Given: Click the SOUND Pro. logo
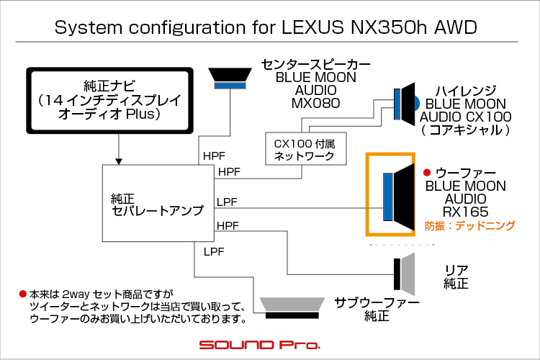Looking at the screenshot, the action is click(x=260, y=344).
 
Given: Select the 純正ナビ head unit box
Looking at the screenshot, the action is click(x=109, y=100).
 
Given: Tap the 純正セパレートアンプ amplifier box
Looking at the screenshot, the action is click(x=158, y=203).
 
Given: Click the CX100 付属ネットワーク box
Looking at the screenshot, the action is click(x=306, y=149).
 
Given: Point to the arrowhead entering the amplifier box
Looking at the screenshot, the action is click(x=119, y=161).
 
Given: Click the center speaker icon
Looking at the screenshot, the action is click(x=230, y=78).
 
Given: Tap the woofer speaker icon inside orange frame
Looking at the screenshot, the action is click(x=399, y=197).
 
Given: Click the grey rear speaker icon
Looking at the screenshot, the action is click(x=405, y=274).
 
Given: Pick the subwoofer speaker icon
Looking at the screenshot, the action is click(x=292, y=308).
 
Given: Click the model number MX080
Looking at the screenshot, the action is click(x=316, y=103).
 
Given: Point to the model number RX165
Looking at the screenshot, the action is click(x=466, y=212).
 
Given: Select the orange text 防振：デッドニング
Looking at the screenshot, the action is click(x=469, y=225).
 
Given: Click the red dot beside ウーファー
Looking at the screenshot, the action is click(x=427, y=172).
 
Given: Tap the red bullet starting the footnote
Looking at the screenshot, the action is click(x=23, y=294).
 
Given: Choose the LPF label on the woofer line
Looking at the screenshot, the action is click(x=227, y=202).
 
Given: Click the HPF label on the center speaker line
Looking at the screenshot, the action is click(x=214, y=156).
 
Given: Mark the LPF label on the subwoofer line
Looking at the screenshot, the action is click(x=214, y=252).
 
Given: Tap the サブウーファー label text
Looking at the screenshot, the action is click(x=377, y=302).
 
